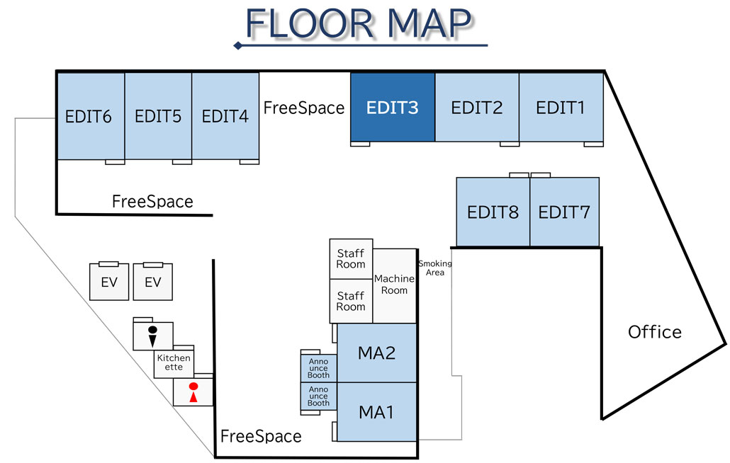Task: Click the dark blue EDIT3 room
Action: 392,108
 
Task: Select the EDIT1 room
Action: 561,108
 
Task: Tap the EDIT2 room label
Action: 476,108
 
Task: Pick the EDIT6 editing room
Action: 89,116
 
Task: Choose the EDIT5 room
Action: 157,116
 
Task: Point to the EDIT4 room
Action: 225,116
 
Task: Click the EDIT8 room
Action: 493,212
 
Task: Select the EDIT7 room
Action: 564,212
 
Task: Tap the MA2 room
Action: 376,353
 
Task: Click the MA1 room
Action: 376,411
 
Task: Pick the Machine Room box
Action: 394,285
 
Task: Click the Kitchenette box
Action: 174,362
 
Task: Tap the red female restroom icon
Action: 192,392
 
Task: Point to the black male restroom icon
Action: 152,335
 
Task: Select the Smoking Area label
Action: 434,268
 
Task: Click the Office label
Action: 654,331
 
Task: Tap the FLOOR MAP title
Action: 359,25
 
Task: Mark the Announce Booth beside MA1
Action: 318,398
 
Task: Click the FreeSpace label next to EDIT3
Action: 303,108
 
